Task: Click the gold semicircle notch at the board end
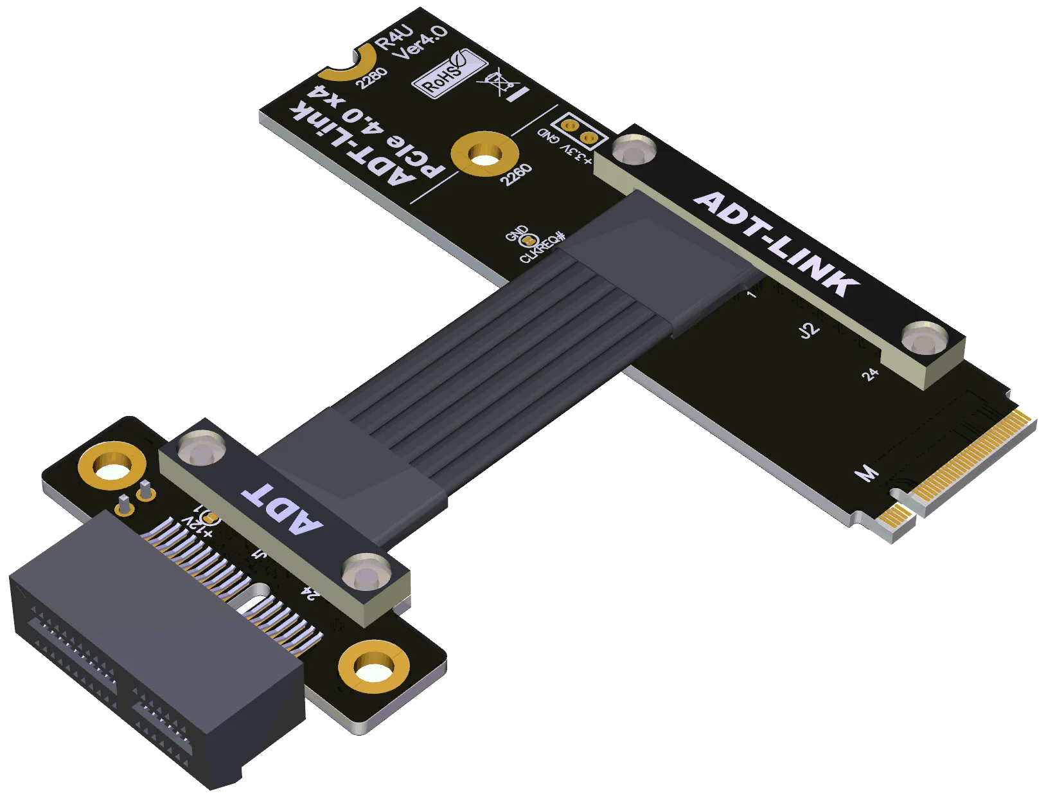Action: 353,64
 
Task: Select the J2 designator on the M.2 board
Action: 808,330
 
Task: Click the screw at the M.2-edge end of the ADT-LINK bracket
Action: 924,339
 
